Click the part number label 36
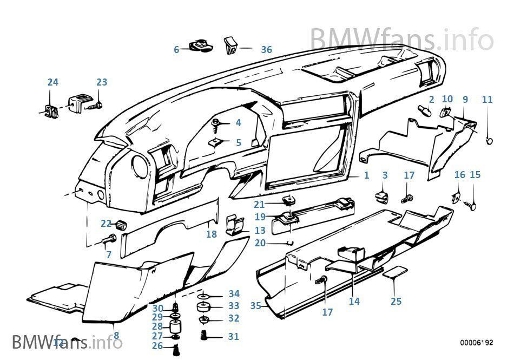tap(266, 49)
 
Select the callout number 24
tap(52, 82)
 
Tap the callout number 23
tap(102, 82)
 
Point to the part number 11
tap(487, 100)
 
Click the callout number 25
tap(396, 301)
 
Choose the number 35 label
tap(256, 306)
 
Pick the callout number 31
tap(233, 337)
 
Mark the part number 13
tap(245, 230)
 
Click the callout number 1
tap(366, 175)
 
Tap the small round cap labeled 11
tap(490, 141)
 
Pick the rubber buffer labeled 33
tap(205, 307)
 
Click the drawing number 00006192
tap(477, 343)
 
